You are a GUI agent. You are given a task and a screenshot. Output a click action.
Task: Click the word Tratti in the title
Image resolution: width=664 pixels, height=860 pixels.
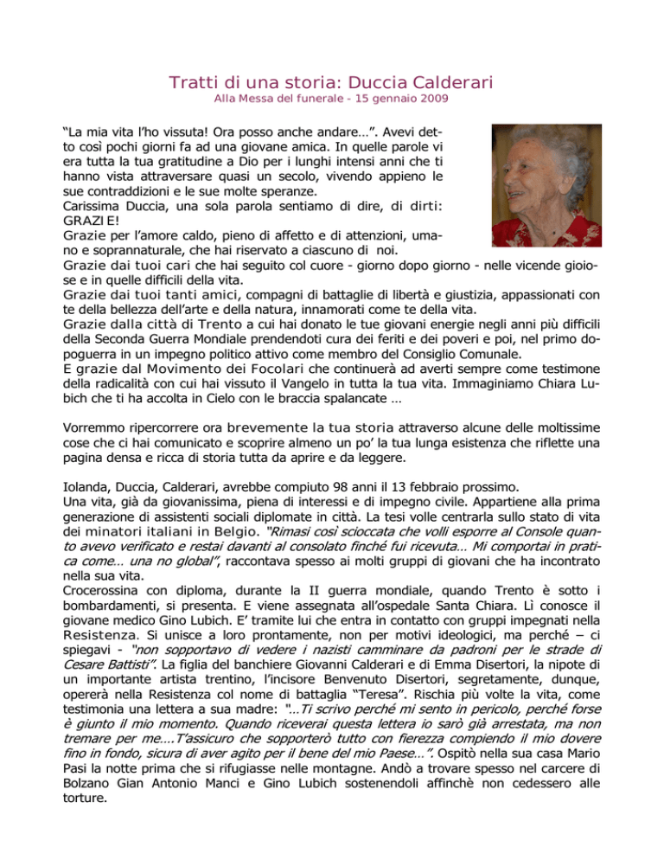[192, 84]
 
